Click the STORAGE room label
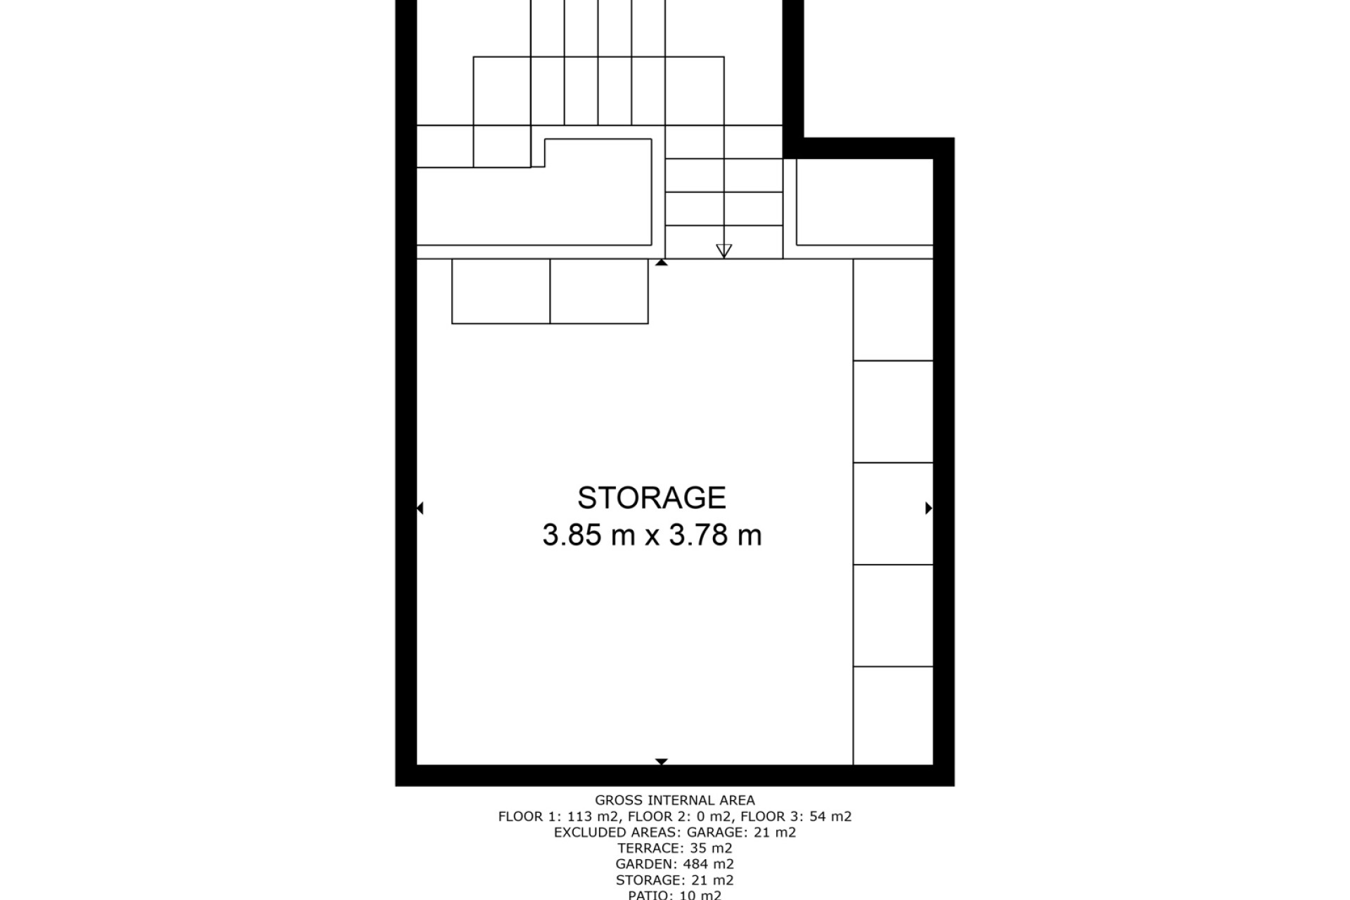(651, 498)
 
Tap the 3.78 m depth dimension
(715, 535)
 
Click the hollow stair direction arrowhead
(724, 251)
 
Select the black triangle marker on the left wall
(420, 508)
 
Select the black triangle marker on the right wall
(929, 508)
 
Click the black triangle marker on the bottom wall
(661, 761)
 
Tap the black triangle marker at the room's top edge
(661, 262)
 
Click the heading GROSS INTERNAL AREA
(675, 800)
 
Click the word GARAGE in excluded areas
(712, 832)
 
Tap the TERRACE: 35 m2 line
(675, 848)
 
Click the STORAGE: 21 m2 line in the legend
(675, 880)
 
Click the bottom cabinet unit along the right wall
(893, 715)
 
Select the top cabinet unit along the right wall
(893, 309)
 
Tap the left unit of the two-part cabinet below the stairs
(501, 291)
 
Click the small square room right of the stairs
(865, 202)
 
